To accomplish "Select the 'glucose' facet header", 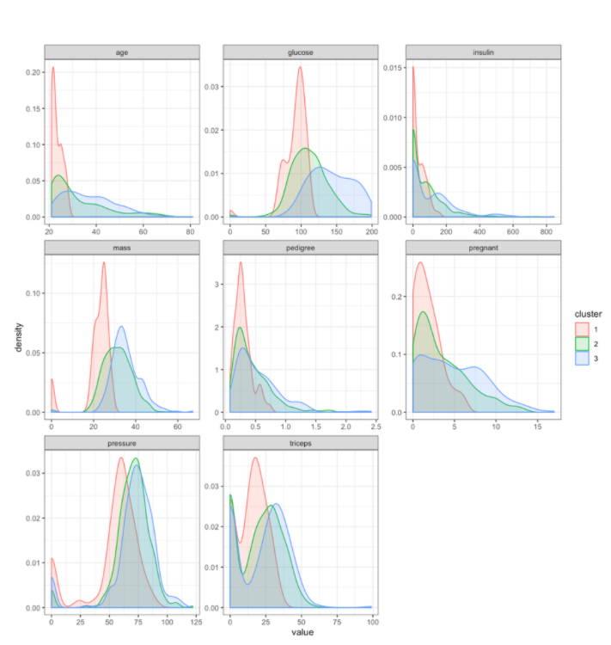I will pos(300,52).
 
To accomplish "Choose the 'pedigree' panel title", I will pos(300,248).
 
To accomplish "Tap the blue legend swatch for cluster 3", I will pos(582,358).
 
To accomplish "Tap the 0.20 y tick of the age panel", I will pos(34,72).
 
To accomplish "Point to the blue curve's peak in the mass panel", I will pos(121,326).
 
